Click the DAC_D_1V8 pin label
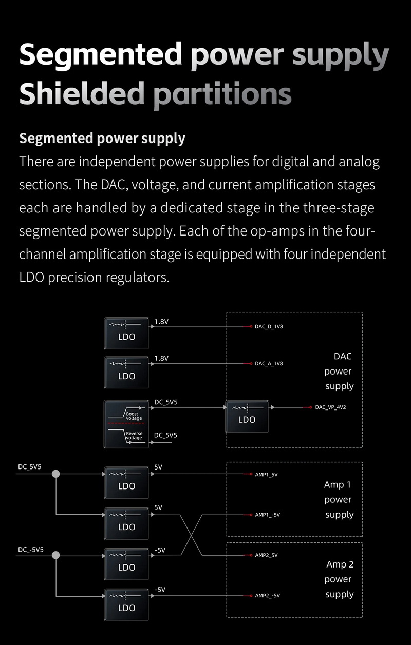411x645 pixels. [269, 326]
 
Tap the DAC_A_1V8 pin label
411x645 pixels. [269, 363]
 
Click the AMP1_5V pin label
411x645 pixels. [266, 475]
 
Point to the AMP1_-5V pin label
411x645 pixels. [267, 515]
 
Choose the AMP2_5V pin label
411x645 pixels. [266, 555]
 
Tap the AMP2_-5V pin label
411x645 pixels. [267, 596]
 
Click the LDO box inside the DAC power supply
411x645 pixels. [247, 416]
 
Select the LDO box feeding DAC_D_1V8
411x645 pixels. [126, 334]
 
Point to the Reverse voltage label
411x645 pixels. [134, 436]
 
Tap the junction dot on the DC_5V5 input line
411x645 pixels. [56, 474]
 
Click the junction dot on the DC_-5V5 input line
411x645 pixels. [56, 555]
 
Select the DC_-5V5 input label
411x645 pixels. [31, 550]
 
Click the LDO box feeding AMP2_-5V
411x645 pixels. [126, 604]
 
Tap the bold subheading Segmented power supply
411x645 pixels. [102, 138]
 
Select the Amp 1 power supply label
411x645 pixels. [338, 499]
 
